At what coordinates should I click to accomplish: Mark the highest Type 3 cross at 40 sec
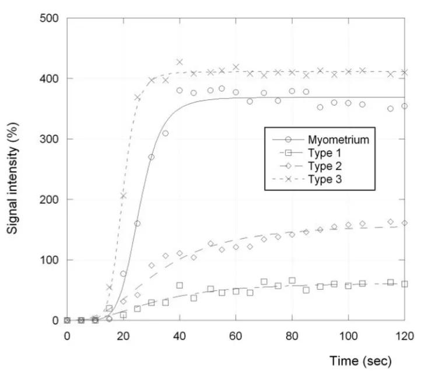point(180,62)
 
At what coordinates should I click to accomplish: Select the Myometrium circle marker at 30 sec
point(152,157)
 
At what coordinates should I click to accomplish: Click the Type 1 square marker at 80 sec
point(292,280)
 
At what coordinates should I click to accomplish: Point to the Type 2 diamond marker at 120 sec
point(404,223)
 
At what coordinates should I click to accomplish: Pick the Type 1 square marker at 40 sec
point(180,285)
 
